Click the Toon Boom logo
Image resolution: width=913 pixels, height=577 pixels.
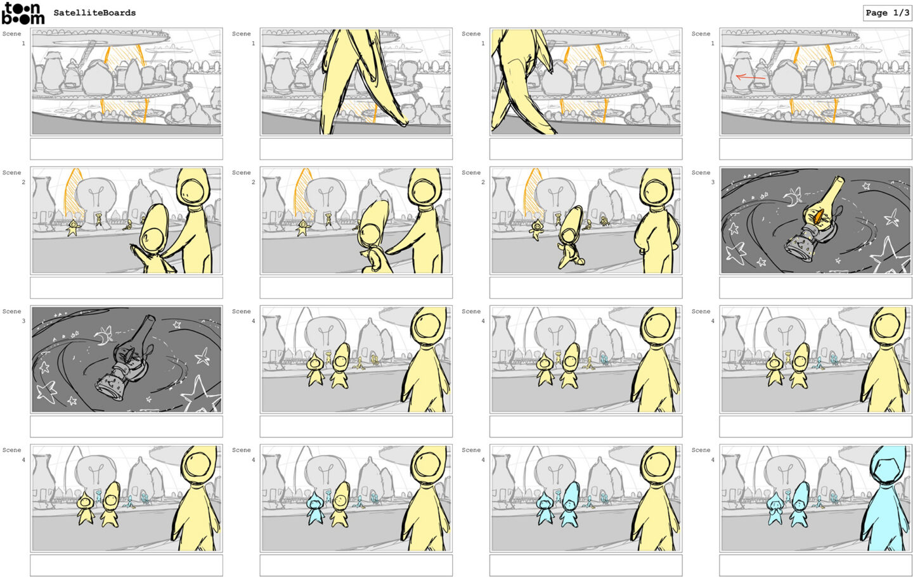pos(23,13)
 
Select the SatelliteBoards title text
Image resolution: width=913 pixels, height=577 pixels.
pos(94,13)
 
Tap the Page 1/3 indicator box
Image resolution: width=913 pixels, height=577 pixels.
pos(887,13)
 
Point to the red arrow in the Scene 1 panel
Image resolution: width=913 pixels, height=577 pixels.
pos(751,77)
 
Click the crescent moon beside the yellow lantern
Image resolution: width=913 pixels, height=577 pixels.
pos(792,198)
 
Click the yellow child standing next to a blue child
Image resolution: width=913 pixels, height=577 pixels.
pos(339,505)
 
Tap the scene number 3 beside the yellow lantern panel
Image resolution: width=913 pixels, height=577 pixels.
pos(713,182)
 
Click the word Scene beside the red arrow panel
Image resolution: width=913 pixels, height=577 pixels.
pos(701,34)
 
